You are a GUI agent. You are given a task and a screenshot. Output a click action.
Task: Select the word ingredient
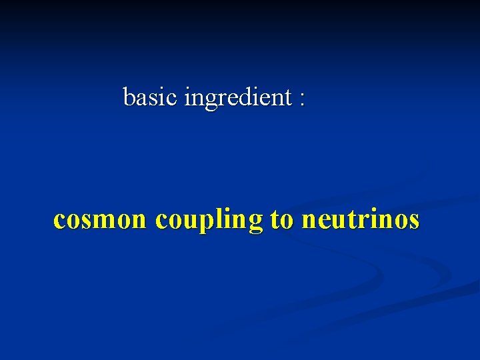coord(237,99)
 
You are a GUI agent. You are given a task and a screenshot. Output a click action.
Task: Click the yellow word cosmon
coord(99,219)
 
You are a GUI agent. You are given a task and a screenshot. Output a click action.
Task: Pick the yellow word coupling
coord(209,221)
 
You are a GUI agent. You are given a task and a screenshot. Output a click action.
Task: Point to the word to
coord(282,219)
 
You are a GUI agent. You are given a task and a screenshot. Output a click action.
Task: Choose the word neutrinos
coord(361,219)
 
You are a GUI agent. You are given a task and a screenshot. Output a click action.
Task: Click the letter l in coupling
coord(215,218)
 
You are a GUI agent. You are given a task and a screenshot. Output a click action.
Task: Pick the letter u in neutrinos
coord(337,220)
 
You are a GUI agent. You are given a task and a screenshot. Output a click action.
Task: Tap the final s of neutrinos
coord(414,220)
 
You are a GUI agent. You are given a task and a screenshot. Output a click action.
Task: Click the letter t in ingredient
coord(288,98)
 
